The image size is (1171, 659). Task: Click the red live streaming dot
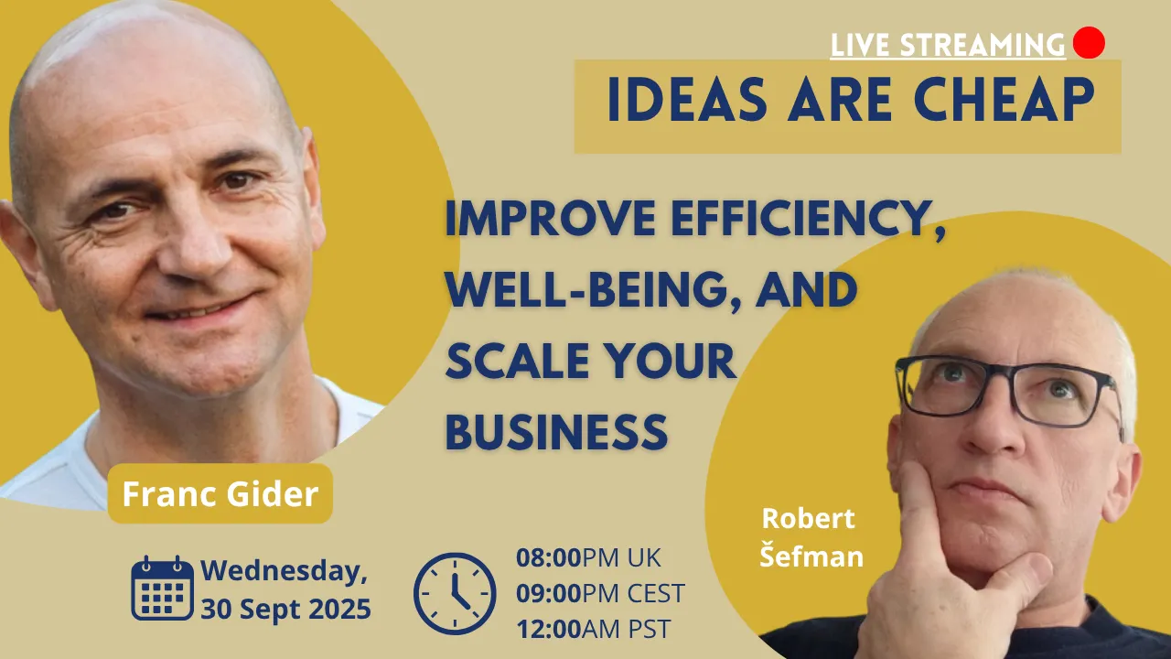point(1089,42)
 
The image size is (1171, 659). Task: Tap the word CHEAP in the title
point(1004,100)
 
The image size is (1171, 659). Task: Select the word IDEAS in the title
point(687,100)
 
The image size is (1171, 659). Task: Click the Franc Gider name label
point(220,493)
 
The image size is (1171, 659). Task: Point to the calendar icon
point(162,588)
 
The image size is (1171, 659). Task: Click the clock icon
point(455,594)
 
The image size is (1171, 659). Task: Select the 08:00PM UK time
point(588,557)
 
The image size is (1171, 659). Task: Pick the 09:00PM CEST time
point(600,593)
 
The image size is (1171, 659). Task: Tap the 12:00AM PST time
point(594,629)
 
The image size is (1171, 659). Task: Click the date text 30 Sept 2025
point(286,609)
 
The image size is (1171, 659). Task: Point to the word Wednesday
point(285,571)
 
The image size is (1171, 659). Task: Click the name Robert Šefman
point(811,537)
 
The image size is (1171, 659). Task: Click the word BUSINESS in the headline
point(556,432)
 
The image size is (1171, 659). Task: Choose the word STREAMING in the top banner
point(983,45)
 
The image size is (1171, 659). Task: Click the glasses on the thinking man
point(1009,390)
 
